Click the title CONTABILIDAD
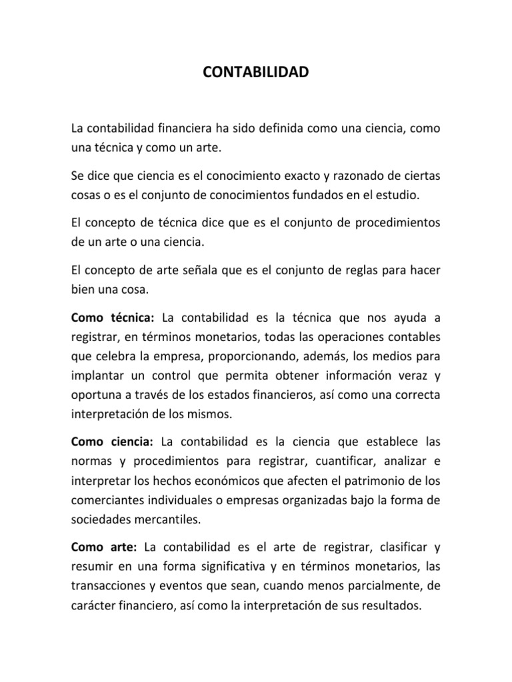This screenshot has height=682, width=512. point(256,72)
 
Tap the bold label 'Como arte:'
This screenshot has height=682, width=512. point(103,547)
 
